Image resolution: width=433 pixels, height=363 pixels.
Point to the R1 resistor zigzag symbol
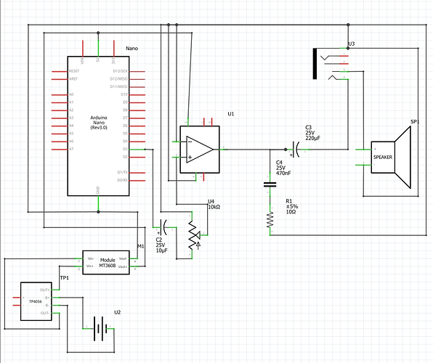(270, 218)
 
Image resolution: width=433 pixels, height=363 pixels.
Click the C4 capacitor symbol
(270, 184)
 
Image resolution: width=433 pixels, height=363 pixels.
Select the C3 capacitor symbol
(294, 150)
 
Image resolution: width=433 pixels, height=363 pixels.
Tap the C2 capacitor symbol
(164, 225)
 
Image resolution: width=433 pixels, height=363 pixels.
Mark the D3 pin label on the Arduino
(126, 149)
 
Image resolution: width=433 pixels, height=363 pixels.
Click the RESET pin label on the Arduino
(74, 72)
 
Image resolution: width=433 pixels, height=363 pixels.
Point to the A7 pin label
(70, 149)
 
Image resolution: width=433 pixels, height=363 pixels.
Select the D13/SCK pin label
(121, 72)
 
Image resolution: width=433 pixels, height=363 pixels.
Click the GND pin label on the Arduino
(98, 189)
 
